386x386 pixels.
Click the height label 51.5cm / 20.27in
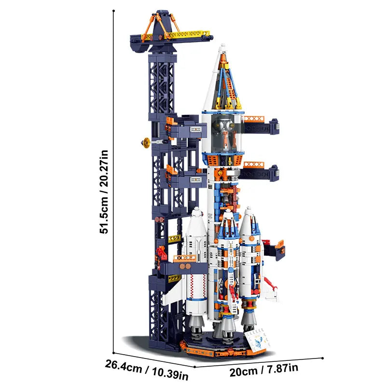coord(104,192)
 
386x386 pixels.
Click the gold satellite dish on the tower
coord(145,142)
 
